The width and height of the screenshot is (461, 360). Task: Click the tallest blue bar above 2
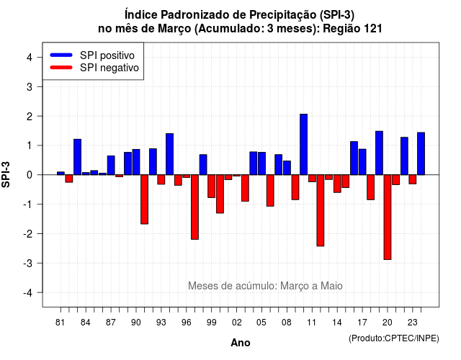(304, 144)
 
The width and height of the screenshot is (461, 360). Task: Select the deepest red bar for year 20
(388, 217)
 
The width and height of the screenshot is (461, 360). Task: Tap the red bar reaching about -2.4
(321, 210)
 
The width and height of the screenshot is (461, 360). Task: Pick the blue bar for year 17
(362, 162)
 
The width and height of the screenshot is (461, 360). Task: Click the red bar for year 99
(211, 186)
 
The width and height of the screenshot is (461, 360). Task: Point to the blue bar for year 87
(111, 165)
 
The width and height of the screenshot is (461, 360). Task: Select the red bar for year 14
(337, 184)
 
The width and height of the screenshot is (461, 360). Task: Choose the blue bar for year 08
(287, 168)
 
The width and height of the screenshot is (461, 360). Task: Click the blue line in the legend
(61, 55)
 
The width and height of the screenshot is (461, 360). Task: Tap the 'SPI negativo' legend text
(109, 68)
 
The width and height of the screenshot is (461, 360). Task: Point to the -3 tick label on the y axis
(28, 264)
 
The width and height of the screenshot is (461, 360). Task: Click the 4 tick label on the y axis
(29, 58)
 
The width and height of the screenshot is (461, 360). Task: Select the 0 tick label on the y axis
(29, 175)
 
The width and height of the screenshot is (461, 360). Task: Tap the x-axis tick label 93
(161, 323)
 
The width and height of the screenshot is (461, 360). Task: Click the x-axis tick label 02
(237, 323)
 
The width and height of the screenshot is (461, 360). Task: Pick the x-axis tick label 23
(413, 323)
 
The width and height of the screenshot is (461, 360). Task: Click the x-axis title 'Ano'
(241, 343)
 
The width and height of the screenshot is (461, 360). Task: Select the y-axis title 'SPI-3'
(6, 174)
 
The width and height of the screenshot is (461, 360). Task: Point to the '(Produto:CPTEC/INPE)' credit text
(394, 338)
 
